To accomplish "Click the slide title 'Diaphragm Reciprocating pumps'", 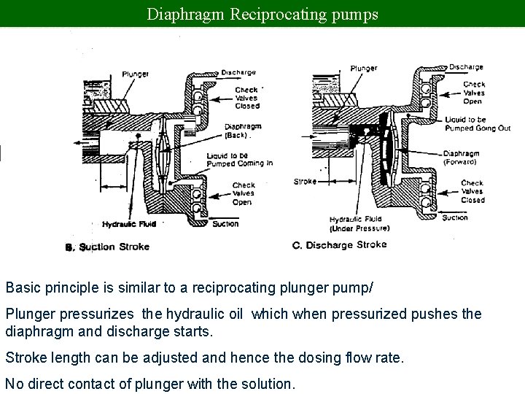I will click(x=262, y=13).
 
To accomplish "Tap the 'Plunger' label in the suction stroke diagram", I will click(x=135, y=74).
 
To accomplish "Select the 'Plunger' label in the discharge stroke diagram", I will click(x=364, y=69).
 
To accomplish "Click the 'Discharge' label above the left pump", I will click(x=238, y=72).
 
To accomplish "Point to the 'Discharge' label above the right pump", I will click(x=466, y=67).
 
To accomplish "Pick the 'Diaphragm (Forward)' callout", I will click(x=460, y=158).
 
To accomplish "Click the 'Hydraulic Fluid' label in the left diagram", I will click(x=125, y=224).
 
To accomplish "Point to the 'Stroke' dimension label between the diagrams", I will click(x=305, y=181).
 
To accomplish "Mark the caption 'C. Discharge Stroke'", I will click(x=339, y=245).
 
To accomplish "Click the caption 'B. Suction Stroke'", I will click(x=108, y=247).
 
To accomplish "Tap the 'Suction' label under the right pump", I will click(x=454, y=217).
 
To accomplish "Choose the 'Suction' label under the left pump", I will click(x=225, y=223).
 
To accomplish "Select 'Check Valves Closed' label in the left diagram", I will click(x=247, y=98).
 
